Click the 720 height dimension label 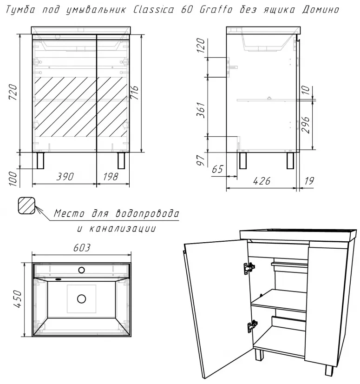coord(13,92)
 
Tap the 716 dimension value coord(134,93)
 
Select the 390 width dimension coord(65,177)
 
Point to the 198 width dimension coord(111,177)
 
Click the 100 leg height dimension coord(13,179)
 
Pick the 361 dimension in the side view coord(201,110)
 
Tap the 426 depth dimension coord(262,181)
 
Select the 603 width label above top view coord(82,248)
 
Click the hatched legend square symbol coord(26,205)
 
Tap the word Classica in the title coord(154,10)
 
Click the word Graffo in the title coord(216,10)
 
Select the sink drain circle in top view coord(81,299)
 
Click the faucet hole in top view coord(81,270)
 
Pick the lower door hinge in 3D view coord(252,326)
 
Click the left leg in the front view coord(40,161)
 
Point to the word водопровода coord(147,213)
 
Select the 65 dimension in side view coord(217,169)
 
